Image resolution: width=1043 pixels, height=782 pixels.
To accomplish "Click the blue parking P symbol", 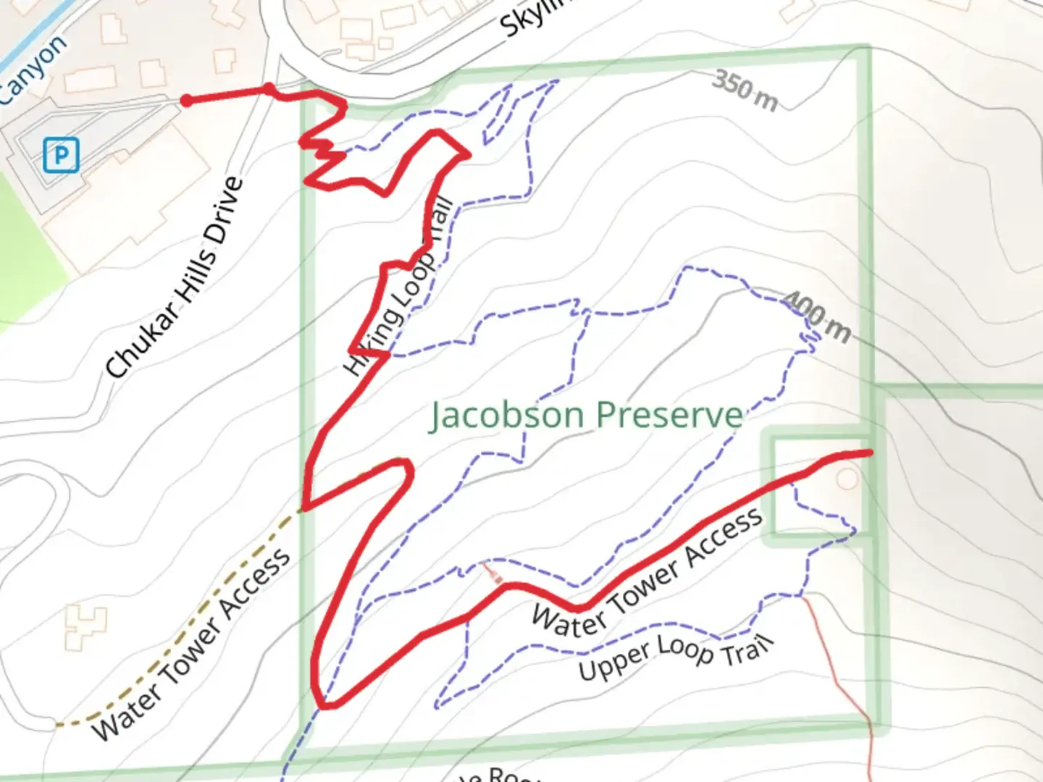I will click(61, 155).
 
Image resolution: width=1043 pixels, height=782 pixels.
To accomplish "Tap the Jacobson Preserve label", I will click(586, 416).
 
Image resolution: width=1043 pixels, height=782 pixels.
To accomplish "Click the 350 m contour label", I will click(745, 91).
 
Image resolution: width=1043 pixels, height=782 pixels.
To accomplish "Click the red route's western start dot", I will click(186, 101).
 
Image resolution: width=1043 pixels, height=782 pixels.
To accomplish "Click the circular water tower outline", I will click(846, 479).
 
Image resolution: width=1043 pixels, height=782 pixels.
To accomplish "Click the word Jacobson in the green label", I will click(508, 416).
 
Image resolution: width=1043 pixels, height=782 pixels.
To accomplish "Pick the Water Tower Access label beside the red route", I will click(647, 571).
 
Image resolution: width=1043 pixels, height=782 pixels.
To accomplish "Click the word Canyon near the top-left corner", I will click(33, 70).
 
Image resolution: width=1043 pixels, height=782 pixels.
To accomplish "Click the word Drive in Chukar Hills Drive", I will click(224, 211).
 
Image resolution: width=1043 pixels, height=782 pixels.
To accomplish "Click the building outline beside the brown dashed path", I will click(85, 626).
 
